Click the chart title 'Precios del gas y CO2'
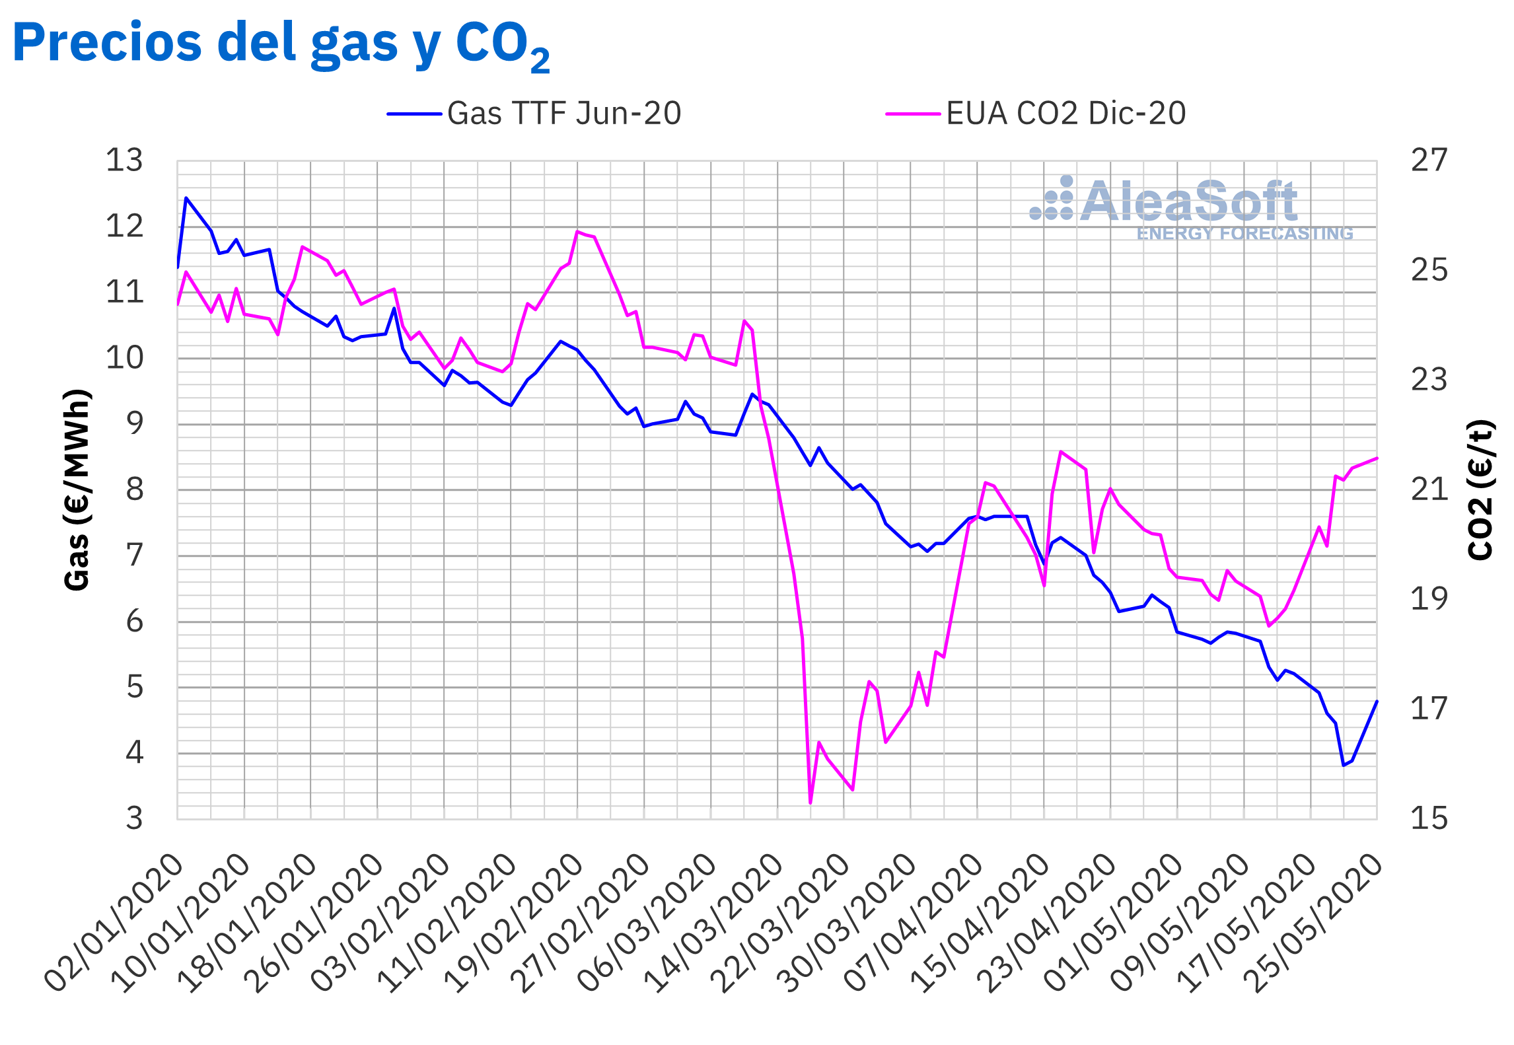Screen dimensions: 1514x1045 [x=281, y=44]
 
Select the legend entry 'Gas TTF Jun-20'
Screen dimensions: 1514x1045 [x=534, y=114]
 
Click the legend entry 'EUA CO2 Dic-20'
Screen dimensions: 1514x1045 [x=1036, y=114]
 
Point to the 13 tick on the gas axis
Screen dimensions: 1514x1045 [x=124, y=161]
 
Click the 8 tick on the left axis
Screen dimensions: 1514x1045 [x=135, y=489]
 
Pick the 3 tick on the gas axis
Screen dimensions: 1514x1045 [x=135, y=818]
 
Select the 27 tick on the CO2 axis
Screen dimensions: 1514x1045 [x=1429, y=161]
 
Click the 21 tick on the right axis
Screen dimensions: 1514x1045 [x=1429, y=489]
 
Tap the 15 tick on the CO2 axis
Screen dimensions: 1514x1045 [x=1429, y=818]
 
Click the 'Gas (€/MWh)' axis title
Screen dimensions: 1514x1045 [x=77, y=489]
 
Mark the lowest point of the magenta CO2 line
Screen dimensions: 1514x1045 [x=811, y=803]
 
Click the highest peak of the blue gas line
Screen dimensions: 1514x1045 [x=186, y=198]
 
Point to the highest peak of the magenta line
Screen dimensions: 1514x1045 [x=577, y=231]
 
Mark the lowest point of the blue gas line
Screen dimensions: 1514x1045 [x=1344, y=765]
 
